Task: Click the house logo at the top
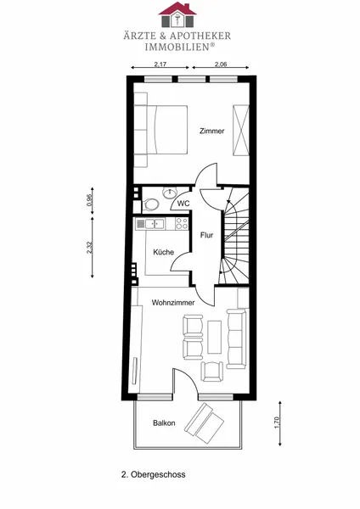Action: pos(177,14)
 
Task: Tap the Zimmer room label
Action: pos(212,131)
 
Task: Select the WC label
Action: pos(183,204)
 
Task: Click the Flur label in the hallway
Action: pos(206,235)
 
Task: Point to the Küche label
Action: pos(163,252)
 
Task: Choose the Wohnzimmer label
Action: pos(173,303)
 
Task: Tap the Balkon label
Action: pos(164,423)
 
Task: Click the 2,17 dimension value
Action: pos(160,64)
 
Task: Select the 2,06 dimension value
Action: pos(221,64)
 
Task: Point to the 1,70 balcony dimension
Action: pos(277,422)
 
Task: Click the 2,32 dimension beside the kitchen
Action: pos(90,248)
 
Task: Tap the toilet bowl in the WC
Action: pos(150,204)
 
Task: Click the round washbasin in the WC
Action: pos(169,193)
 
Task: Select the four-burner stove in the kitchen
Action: pos(182,224)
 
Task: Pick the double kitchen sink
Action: pos(155,224)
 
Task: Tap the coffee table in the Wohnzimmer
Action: pos(215,337)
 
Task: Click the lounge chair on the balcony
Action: pos(204,423)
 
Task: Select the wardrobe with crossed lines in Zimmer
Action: pos(241,130)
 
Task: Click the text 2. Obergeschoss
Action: pos(154,474)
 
